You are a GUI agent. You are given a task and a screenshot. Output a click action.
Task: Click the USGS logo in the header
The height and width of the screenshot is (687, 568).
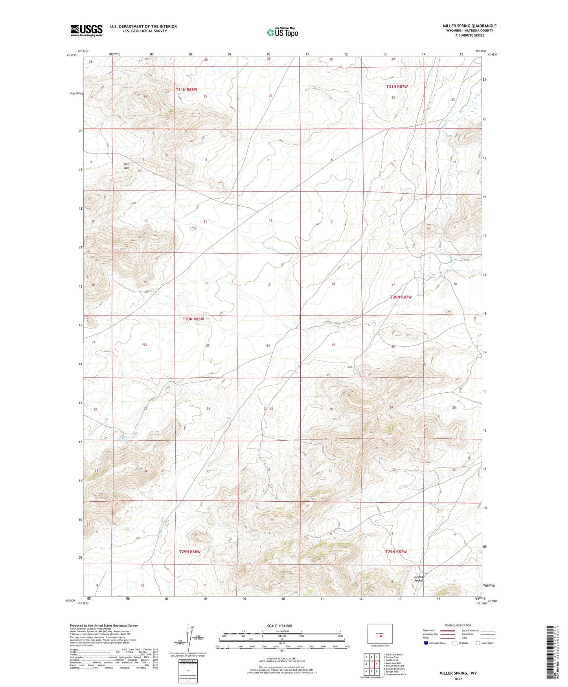(86, 30)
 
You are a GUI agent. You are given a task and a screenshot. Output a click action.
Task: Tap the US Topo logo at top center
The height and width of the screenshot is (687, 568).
(282, 32)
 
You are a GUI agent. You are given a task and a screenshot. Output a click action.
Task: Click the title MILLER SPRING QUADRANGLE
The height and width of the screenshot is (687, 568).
(469, 26)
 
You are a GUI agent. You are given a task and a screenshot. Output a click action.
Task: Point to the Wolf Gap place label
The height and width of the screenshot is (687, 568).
(126, 166)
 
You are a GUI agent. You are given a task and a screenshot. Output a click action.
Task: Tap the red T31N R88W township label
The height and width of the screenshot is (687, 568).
(186, 90)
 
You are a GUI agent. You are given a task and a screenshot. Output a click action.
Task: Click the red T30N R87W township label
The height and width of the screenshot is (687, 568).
(401, 297)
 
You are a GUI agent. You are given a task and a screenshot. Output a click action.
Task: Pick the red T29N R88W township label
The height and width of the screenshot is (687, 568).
(190, 552)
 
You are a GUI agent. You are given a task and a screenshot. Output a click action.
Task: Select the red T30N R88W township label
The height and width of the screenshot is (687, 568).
(193, 319)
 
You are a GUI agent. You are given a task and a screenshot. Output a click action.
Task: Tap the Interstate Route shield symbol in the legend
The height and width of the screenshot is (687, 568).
(426, 643)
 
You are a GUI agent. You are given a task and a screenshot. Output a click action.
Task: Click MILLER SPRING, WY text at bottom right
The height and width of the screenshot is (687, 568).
(458, 673)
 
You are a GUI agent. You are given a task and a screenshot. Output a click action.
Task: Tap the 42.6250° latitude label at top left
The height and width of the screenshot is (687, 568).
(72, 55)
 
